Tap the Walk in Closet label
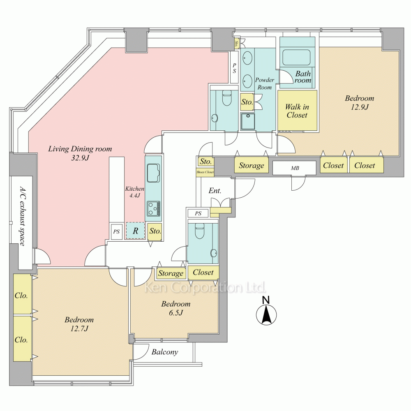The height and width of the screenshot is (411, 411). pos(297,111)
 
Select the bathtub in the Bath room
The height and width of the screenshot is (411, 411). pos(297,58)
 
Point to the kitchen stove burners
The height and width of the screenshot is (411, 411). pos(154,208)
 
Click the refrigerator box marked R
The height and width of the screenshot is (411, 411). pos(135,231)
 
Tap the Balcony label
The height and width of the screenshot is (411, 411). pos(165,352)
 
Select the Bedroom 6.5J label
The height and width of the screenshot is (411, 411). pos(175,308)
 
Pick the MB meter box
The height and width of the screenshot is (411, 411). pos(295,168)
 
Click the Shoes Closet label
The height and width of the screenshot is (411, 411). pos(205,172)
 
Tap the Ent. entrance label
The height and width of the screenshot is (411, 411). pos(215,191)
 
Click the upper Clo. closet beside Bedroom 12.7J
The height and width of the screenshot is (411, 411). pos(21,296)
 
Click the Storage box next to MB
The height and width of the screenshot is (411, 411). pos(251,166)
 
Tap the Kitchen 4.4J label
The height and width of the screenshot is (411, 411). pos(134,192)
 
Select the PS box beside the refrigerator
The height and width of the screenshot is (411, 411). pos(117,231)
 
